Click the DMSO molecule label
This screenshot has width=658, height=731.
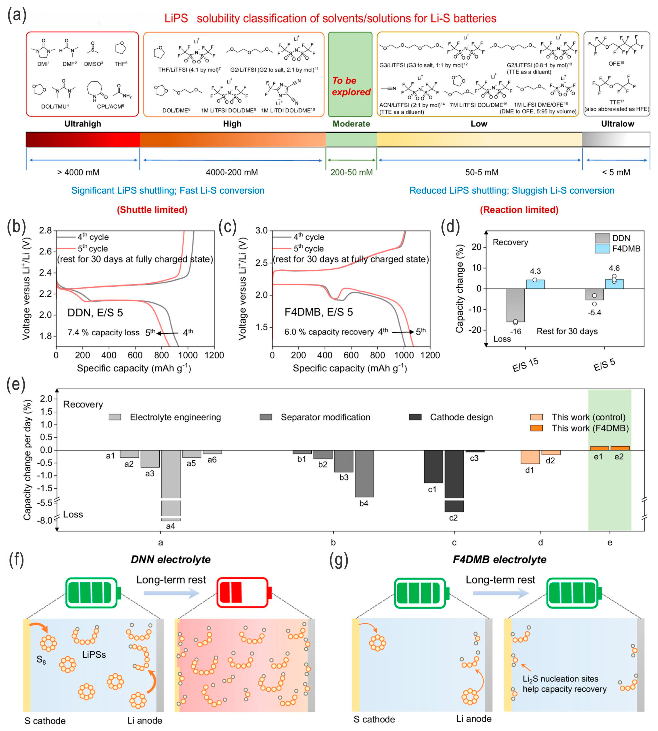point(93,64)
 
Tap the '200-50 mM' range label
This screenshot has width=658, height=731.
point(351,172)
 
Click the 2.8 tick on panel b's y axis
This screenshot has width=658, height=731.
point(46,231)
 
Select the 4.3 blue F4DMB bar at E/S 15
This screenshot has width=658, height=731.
point(535,284)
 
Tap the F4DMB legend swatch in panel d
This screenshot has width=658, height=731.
point(602,249)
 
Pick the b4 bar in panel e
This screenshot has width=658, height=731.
point(364,473)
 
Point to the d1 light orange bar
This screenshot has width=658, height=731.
point(530,457)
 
